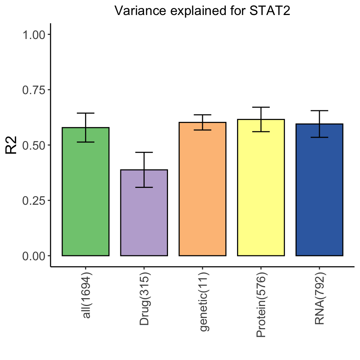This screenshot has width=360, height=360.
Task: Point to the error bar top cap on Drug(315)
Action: click(144, 152)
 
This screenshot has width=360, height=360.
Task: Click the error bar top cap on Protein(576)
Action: click(261, 107)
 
